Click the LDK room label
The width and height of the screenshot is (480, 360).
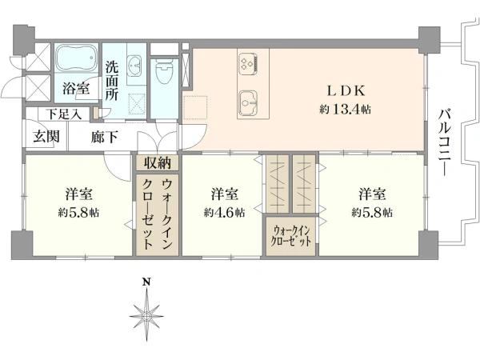tap(346, 90)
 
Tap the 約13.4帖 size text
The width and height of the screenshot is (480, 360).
tap(346, 109)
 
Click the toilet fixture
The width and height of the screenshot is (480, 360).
tap(164, 71)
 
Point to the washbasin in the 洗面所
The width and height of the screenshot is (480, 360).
tap(134, 65)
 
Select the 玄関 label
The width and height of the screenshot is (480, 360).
tap(46, 136)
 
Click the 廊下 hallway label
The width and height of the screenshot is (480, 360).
tap(104, 137)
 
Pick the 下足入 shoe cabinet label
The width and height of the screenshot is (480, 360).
tap(64, 114)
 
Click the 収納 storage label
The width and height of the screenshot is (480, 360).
tap(158, 162)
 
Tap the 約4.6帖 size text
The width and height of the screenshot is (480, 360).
tap(224, 212)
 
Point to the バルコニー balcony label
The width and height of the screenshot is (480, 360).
tap(445, 142)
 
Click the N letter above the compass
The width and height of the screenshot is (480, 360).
tap(147, 282)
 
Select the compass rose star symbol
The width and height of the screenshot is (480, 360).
tap(146, 315)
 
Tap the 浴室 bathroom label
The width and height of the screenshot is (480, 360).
tap(76, 89)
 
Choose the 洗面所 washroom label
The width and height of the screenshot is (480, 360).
tap(112, 82)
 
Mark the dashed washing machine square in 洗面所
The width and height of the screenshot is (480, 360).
tap(137, 104)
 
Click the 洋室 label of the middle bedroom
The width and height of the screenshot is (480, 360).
tap(224, 194)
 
